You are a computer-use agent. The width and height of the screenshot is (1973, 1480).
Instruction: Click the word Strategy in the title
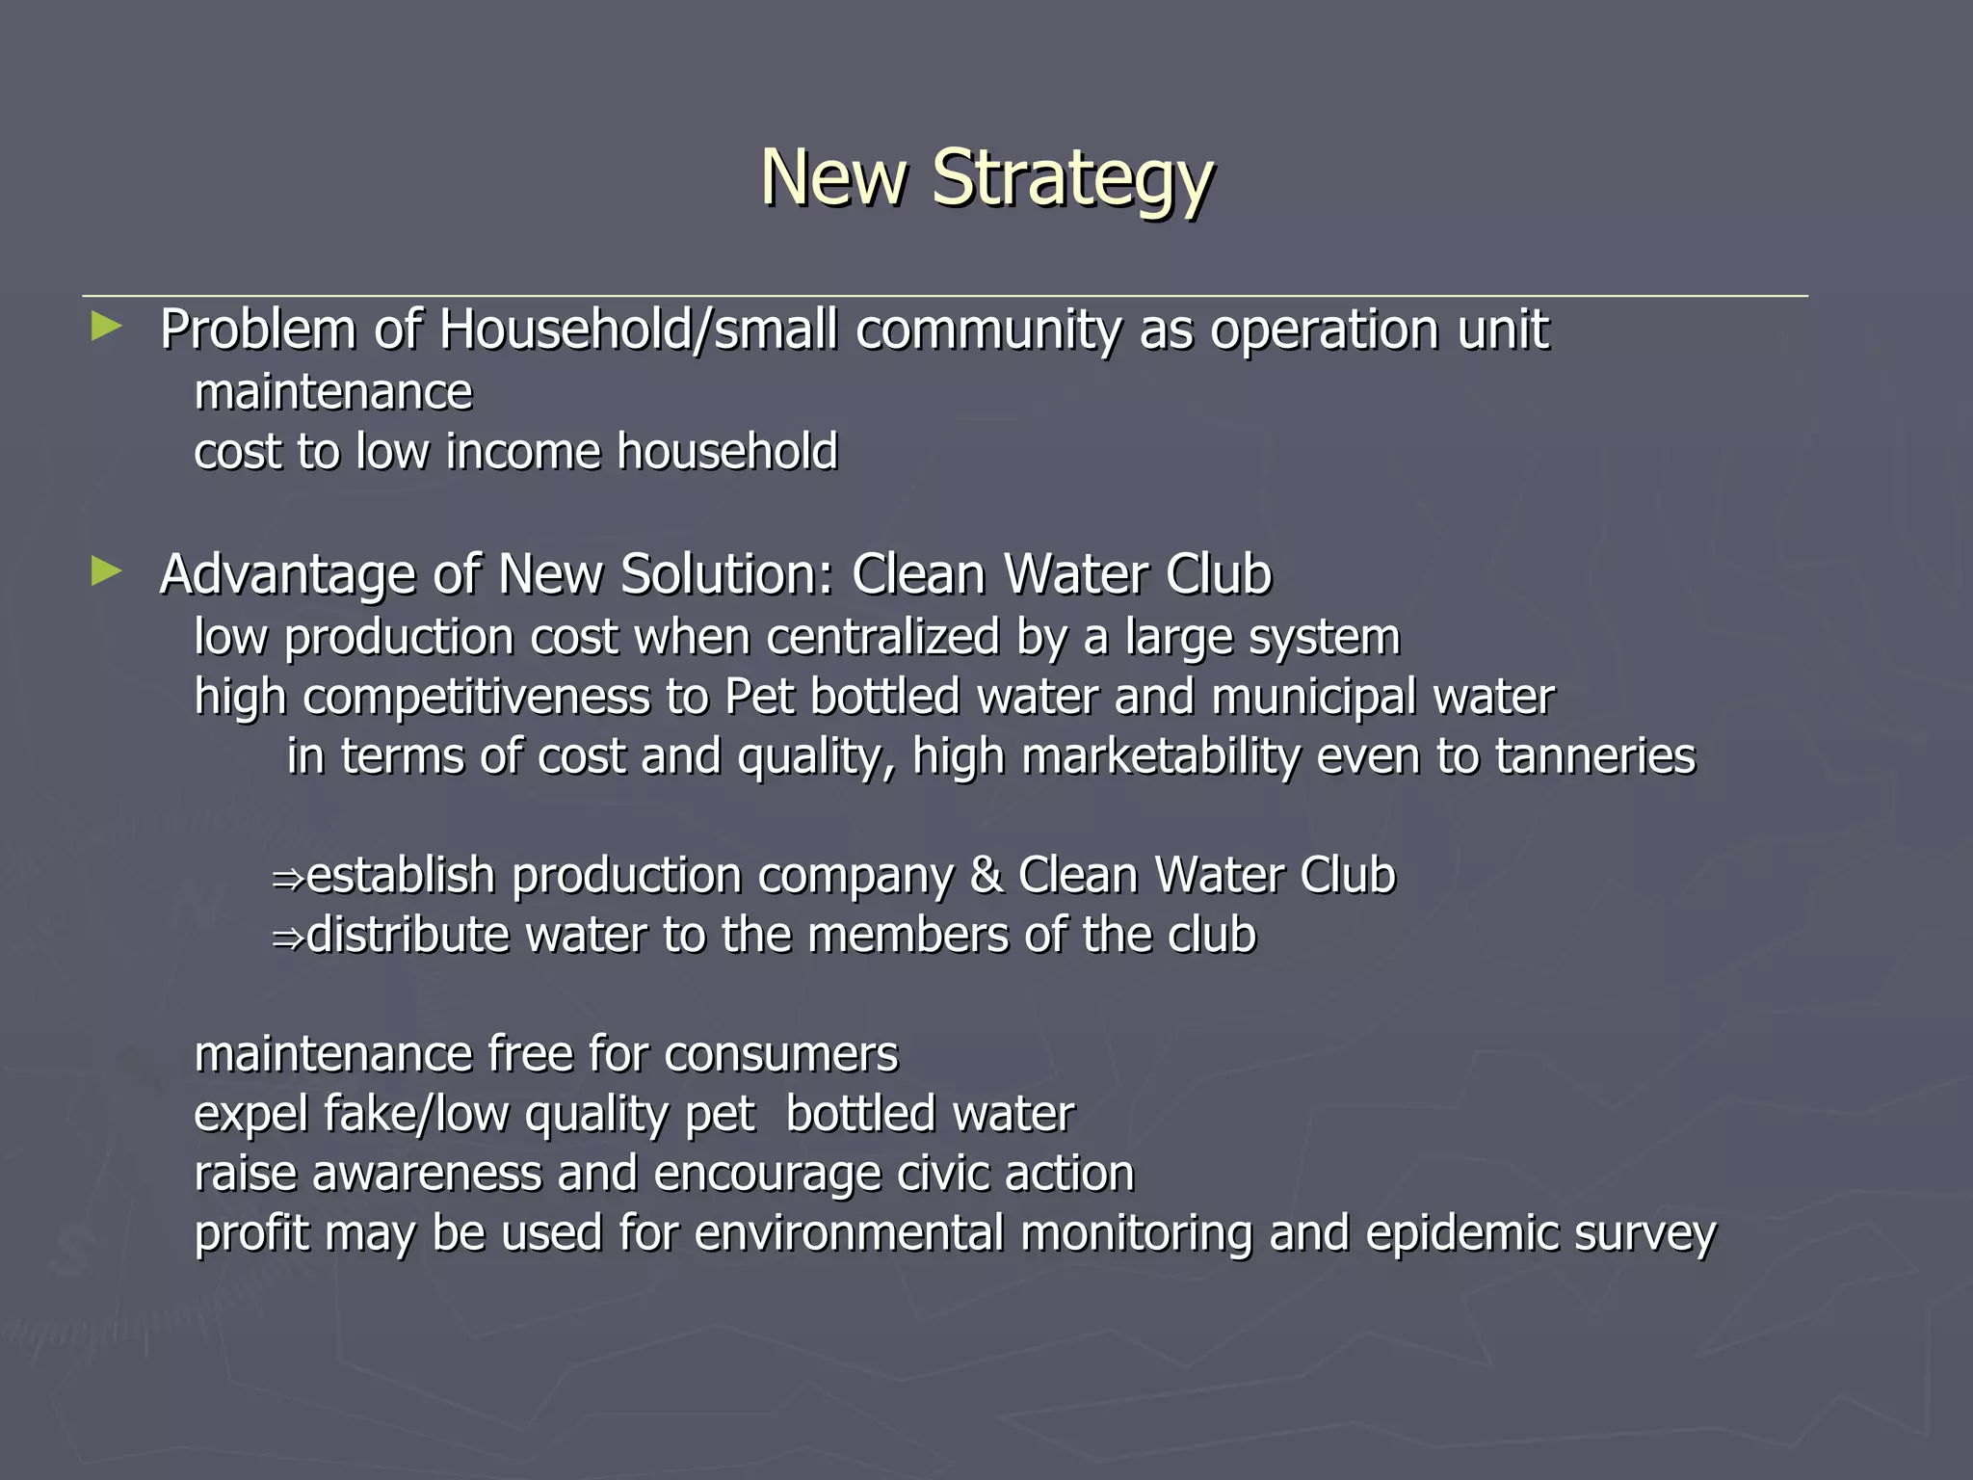pos(1071,180)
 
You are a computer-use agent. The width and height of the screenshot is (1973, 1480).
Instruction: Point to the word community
pos(988,330)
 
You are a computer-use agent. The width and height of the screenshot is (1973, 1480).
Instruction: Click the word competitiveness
pos(476,698)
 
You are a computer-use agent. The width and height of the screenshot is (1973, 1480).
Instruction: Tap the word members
pos(908,937)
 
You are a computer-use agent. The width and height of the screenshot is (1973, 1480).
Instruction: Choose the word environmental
pos(848,1234)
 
